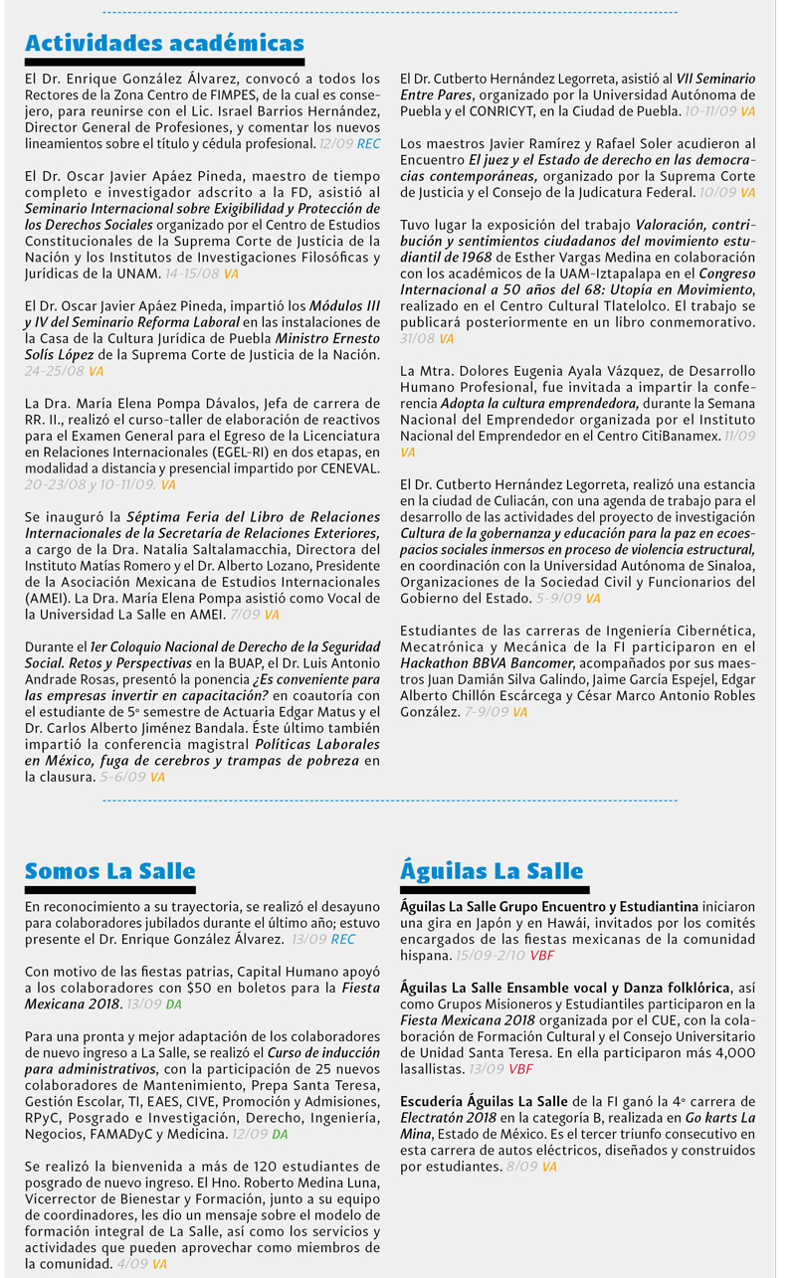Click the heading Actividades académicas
tap(164, 44)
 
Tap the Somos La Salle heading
tap(109, 871)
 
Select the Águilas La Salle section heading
tap(492, 871)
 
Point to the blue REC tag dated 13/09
tap(342, 939)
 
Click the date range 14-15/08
tap(193, 274)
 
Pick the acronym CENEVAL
tap(343, 468)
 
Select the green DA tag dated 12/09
tap(280, 1134)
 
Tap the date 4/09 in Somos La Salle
tap(131, 1264)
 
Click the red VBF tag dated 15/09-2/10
tap(542, 955)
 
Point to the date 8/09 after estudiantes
tap(521, 1167)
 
